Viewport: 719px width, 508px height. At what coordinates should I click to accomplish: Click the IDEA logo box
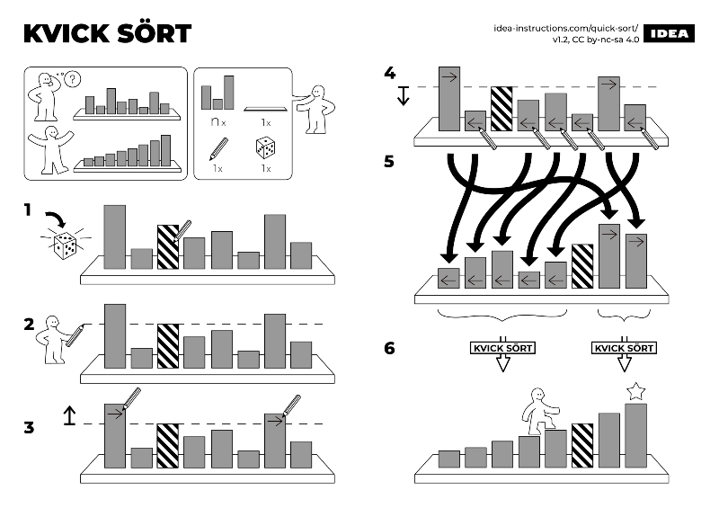pos(670,33)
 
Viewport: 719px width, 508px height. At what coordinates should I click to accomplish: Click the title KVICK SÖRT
pos(107,33)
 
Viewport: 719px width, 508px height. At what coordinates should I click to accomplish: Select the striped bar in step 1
pos(168,247)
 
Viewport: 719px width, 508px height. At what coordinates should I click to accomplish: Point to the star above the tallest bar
pos(635,391)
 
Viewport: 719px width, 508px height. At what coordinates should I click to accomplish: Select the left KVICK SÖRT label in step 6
pos(502,348)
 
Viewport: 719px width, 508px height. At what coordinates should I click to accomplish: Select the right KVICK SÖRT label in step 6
pos(624,348)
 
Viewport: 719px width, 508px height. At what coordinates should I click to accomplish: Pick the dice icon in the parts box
pos(267,147)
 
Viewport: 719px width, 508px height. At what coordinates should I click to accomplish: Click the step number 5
pos(389,163)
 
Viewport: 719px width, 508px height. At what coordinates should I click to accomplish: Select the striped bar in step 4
pos(501,110)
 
